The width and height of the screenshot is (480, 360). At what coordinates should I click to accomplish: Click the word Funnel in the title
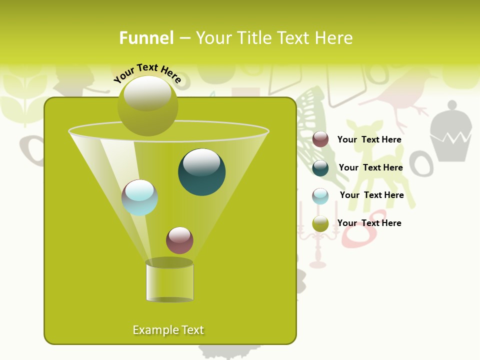[x=146, y=38]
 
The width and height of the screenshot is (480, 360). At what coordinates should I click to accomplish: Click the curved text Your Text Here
[x=147, y=73]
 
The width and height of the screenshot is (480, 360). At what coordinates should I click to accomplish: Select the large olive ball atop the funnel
[x=147, y=106]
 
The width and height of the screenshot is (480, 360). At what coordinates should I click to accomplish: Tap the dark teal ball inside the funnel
[x=201, y=171]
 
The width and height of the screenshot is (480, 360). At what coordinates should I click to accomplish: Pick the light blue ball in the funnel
[x=139, y=197]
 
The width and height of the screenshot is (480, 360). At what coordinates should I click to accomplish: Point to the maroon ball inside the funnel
[x=179, y=240]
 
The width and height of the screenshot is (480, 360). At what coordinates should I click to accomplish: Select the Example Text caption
[x=168, y=330]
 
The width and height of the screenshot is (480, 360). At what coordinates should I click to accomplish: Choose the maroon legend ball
[x=320, y=139]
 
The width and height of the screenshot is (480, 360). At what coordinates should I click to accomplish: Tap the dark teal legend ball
[x=320, y=167]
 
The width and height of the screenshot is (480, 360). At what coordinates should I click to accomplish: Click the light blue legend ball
[x=320, y=195]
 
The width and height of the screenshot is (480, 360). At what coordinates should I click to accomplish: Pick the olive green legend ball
[x=320, y=223]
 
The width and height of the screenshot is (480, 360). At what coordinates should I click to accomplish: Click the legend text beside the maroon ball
[x=369, y=139]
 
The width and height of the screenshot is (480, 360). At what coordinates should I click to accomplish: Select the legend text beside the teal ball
[x=370, y=167]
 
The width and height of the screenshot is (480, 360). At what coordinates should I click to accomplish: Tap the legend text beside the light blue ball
[x=371, y=195]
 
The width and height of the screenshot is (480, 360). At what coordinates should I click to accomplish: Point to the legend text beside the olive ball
[x=369, y=223]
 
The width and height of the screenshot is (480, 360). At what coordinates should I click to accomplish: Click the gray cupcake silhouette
[x=450, y=132]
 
